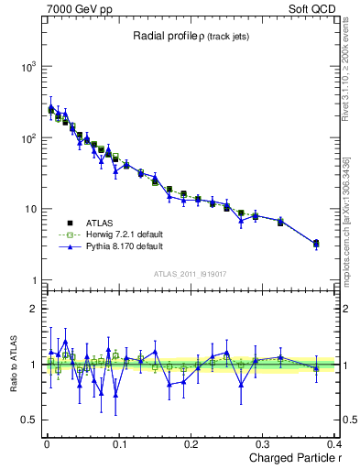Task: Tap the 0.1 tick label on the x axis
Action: pyautogui.click(x=119, y=444)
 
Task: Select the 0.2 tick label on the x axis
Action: pyautogui.click(x=191, y=444)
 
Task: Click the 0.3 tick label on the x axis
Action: pyautogui.click(x=264, y=444)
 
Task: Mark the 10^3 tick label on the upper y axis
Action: pyautogui.click(x=27, y=68)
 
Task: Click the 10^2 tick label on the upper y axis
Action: pyautogui.click(x=27, y=138)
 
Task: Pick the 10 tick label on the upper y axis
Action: pyautogui.click(x=31, y=210)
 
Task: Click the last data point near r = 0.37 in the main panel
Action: pyautogui.click(x=316, y=244)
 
